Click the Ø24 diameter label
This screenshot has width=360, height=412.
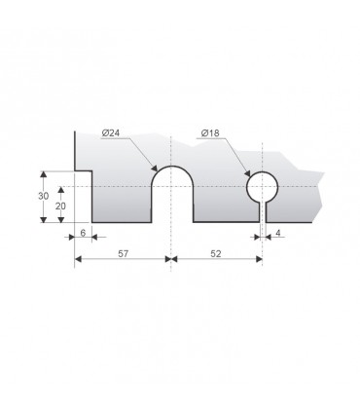(x=110, y=132)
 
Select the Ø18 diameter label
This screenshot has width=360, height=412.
(x=210, y=132)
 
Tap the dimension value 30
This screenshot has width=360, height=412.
(x=43, y=196)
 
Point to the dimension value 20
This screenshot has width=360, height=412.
(x=60, y=206)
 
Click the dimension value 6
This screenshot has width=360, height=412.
(x=83, y=233)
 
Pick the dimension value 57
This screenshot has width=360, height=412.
(x=123, y=253)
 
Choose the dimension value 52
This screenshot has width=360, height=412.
(x=216, y=253)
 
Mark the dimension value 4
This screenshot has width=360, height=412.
(x=278, y=233)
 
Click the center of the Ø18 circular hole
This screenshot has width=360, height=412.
(x=262, y=187)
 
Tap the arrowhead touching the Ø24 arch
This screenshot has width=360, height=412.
(x=155, y=168)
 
